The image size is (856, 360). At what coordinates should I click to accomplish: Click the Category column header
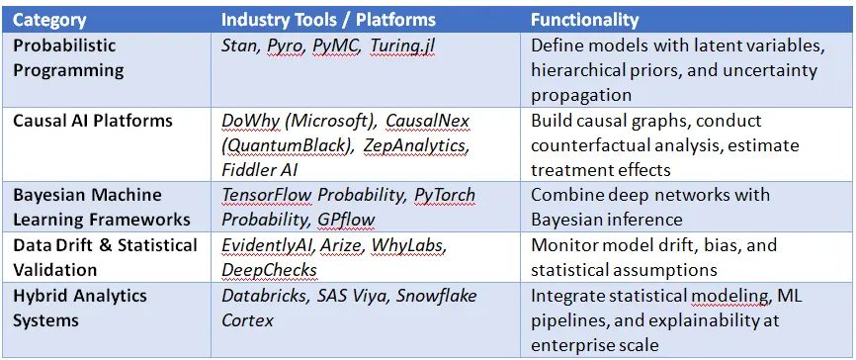[x=49, y=20]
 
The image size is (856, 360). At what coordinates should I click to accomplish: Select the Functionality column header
[x=585, y=20]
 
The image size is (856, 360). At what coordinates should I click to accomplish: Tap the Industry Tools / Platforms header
[x=328, y=20]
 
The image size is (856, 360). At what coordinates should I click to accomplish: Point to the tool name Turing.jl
[x=402, y=46]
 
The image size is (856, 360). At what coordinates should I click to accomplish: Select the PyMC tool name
[x=336, y=46]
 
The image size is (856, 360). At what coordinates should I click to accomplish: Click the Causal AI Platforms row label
[x=92, y=121]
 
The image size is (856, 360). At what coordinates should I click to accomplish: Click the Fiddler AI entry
[x=259, y=170]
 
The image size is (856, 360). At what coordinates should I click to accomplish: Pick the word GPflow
[x=346, y=220]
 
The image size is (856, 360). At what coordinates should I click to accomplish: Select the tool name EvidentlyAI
[x=268, y=245]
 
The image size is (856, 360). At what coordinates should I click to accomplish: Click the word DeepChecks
[x=269, y=270]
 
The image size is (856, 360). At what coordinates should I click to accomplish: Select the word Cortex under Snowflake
[x=247, y=320]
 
